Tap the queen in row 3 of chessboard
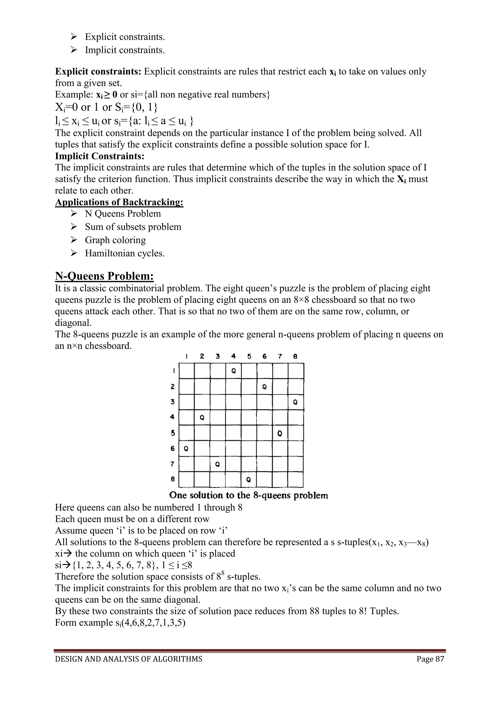pyautogui.click(x=295, y=402)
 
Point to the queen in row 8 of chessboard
pyautogui.click(x=248, y=480)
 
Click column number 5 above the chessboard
pyautogui.click(x=249, y=356)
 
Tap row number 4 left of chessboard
pyautogui.click(x=173, y=417)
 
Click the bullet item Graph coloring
pyautogui.click(x=115, y=240)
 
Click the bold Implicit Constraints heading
pyautogui.click(x=99, y=156)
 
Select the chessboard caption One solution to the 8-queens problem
pyautogui.click(x=248, y=495)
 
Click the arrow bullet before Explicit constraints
pyautogui.click(x=74, y=37)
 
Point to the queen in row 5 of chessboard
pyautogui.click(x=280, y=433)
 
